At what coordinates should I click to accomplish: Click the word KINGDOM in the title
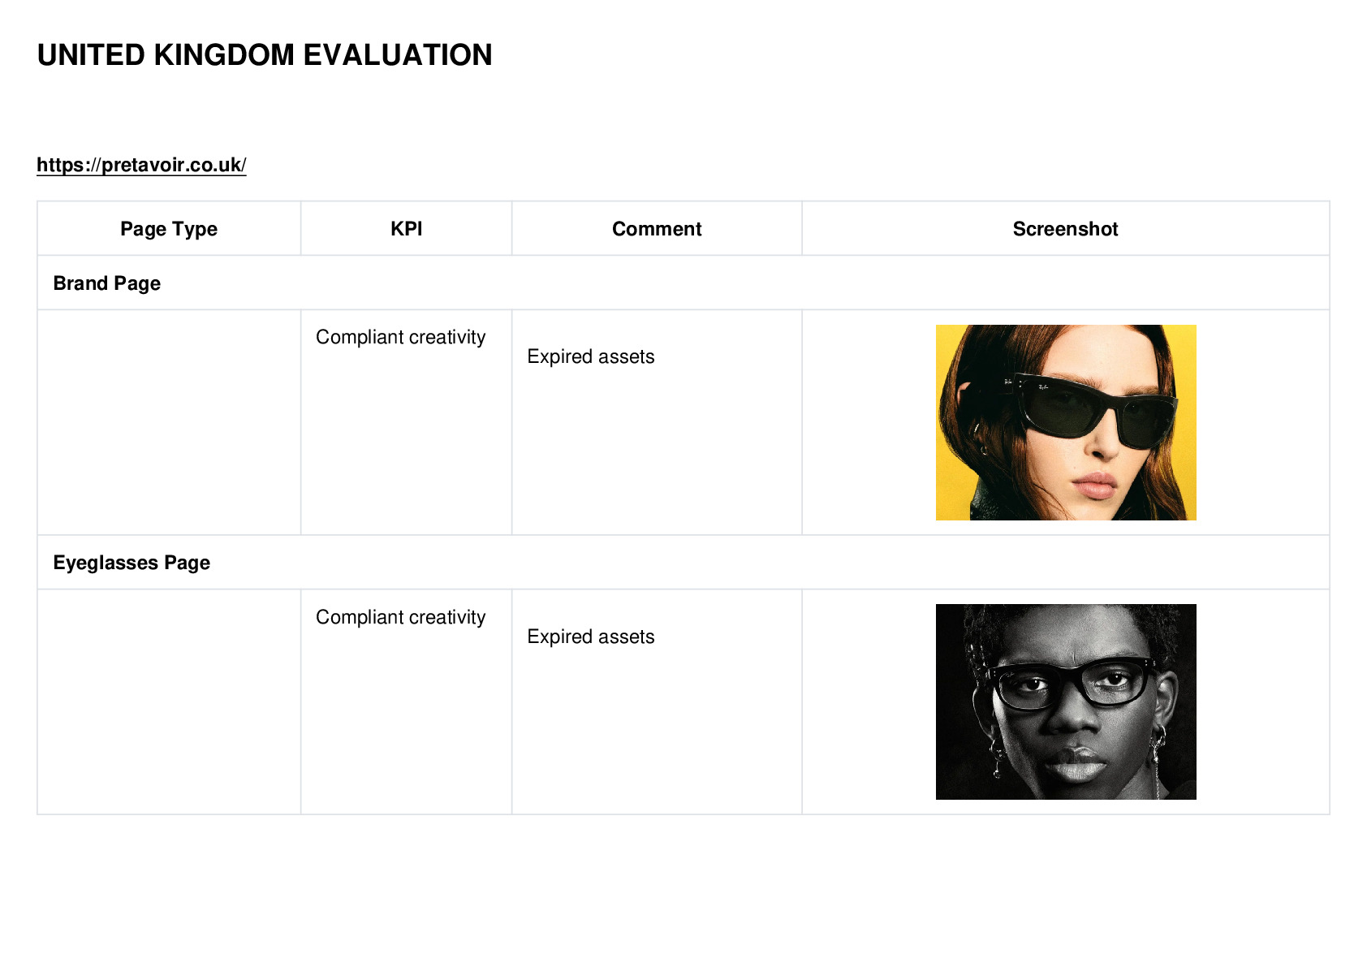[x=224, y=55]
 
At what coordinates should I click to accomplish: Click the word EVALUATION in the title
[x=398, y=55]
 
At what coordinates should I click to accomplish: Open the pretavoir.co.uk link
[x=141, y=165]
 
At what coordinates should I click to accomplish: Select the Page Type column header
[x=168, y=229]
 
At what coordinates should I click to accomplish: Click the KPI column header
[x=407, y=229]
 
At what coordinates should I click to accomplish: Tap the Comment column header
[x=657, y=229]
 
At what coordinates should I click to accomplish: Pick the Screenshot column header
[x=1065, y=229]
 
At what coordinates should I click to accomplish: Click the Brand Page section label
[x=107, y=283]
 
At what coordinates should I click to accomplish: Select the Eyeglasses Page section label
[x=132, y=562]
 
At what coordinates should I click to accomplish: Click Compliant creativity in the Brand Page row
[x=400, y=337]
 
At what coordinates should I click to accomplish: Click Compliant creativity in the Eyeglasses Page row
[x=400, y=617]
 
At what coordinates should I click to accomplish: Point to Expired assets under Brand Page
[x=591, y=356]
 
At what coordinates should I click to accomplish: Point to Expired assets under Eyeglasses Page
[x=591, y=637]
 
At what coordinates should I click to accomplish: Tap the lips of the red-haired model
[x=1095, y=486]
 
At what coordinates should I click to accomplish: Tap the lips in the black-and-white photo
[x=1076, y=762]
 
